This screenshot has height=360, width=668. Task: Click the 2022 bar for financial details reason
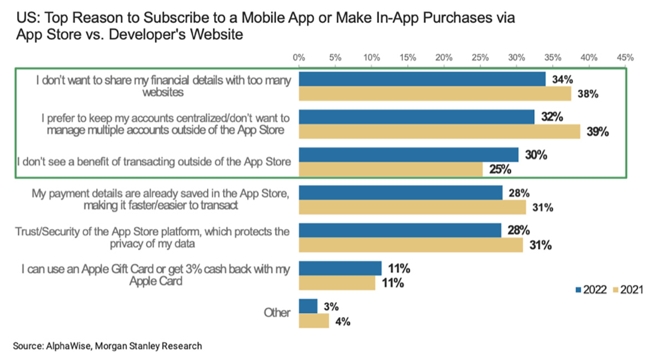(422, 80)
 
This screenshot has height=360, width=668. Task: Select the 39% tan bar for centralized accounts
(440, 132)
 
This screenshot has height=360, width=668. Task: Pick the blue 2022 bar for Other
(308, 307)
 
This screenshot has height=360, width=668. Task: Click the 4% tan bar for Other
(314, 321)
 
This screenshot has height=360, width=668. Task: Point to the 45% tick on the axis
(625, 57)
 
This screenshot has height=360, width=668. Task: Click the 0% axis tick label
(299, 57)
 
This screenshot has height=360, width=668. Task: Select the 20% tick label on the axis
(444, 57)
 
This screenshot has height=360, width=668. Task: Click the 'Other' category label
(277, 313)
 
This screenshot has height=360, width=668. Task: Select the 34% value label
(562, 80)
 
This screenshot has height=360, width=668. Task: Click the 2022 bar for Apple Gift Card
(340, 268)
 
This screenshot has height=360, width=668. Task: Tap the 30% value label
(536, 155)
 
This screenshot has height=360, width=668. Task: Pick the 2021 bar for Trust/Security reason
(411, 245)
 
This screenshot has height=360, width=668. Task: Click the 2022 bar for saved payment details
(400, 193)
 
